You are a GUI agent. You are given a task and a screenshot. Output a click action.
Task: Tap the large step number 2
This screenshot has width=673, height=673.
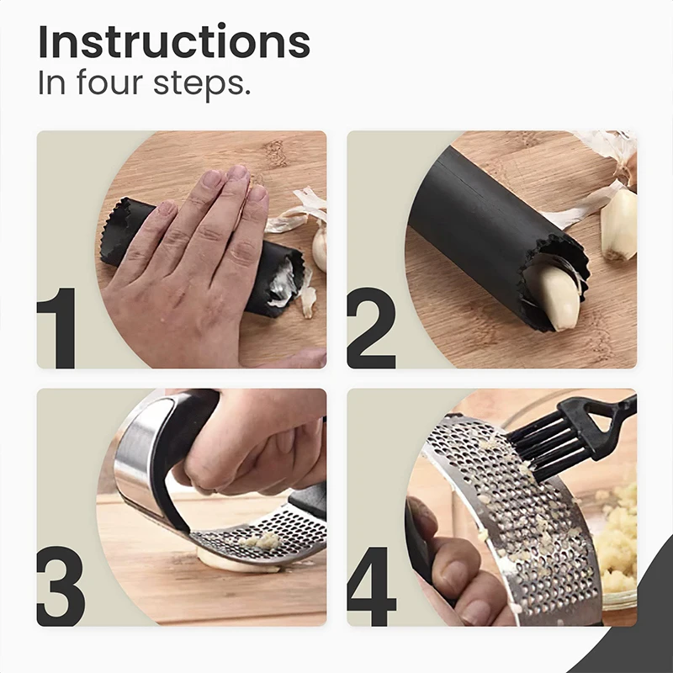[371, 328]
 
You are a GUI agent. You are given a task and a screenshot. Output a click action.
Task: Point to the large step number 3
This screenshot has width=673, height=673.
[61, 586]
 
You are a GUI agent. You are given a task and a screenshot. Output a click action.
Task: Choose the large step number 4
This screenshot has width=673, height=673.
[371, 586]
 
